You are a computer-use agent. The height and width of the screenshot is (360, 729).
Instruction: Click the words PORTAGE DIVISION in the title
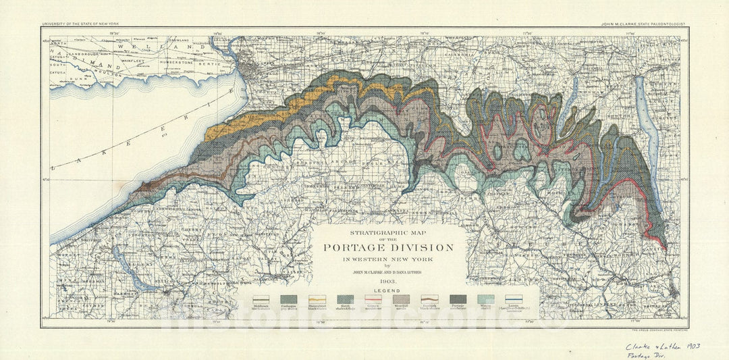pyautogui.click(x=388, y=248)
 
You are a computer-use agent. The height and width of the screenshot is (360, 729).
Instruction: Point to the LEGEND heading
pyautogui.click(x=388, y=289)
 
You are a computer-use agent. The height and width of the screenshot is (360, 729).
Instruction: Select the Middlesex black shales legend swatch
pyautogui.click(x=261, y=299)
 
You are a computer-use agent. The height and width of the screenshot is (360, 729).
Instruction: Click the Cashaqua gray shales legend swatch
pyautogui.click(x=289, y=299)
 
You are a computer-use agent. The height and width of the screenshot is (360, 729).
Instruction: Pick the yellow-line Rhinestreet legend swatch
pyautogui.click(x=317, y=299)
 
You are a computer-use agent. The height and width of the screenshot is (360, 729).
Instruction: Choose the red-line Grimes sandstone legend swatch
pyautogui.click(x=373, y=299)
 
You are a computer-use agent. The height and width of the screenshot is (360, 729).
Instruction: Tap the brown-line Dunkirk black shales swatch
pyautogui.click(x=429, y=299)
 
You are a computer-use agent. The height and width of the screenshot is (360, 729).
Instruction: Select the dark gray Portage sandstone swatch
pyautogui.click(x=458, y=299)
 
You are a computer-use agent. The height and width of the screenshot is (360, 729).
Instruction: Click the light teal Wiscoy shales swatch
pyautogui.click(x=485, y=299)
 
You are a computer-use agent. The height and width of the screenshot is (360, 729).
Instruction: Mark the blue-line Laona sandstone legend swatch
pyautogui.click(x=514, y=299)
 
